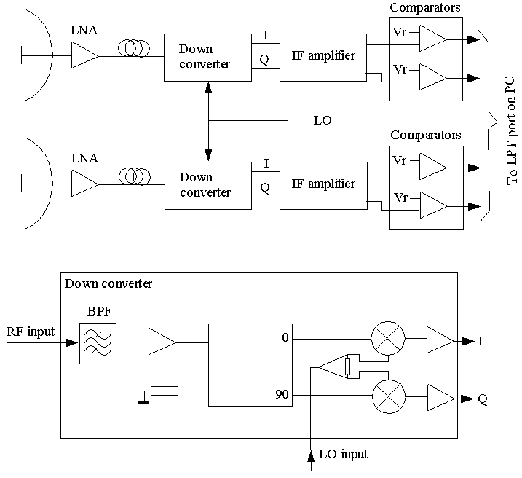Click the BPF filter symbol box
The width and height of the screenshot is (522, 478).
click(98, 343)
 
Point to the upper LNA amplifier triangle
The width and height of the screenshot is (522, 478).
click(84, 55)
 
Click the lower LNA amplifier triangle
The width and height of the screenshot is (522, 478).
click(84, 184)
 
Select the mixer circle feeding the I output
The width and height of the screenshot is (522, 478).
click(388, 338)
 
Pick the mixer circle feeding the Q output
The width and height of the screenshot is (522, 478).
click(389, 397)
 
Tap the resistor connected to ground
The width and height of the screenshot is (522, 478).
click(165, 391)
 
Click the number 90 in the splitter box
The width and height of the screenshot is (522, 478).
click(282, 394)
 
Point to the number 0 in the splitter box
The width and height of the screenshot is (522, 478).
click(285, 338)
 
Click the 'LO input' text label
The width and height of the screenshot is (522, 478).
click(343, 455)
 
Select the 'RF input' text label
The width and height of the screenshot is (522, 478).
click(31, 332)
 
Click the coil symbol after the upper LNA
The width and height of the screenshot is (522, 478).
click(134, 48)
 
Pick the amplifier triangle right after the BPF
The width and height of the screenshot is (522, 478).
click(162, 342)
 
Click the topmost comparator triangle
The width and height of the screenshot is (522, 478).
click(432, 39)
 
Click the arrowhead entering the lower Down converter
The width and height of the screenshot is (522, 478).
click(208, 155)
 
